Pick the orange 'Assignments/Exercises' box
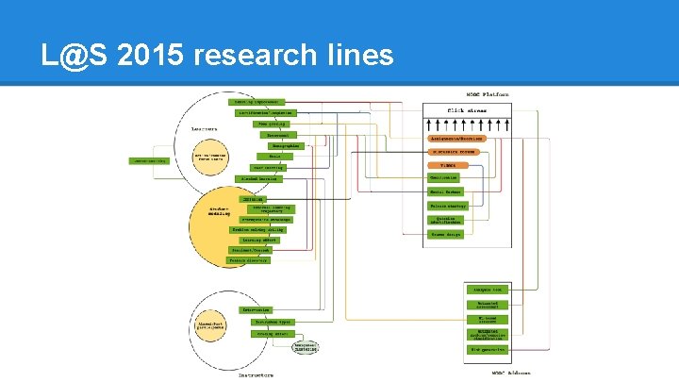point(457,138)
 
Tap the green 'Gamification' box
point(443,177)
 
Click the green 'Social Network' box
point(445,191)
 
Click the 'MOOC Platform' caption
point(488,94)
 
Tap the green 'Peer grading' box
point(269,124)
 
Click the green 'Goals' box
point(262,157)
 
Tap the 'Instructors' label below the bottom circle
point(256,374)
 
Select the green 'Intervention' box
point(257,309)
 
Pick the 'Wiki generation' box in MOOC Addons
point(489,349)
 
